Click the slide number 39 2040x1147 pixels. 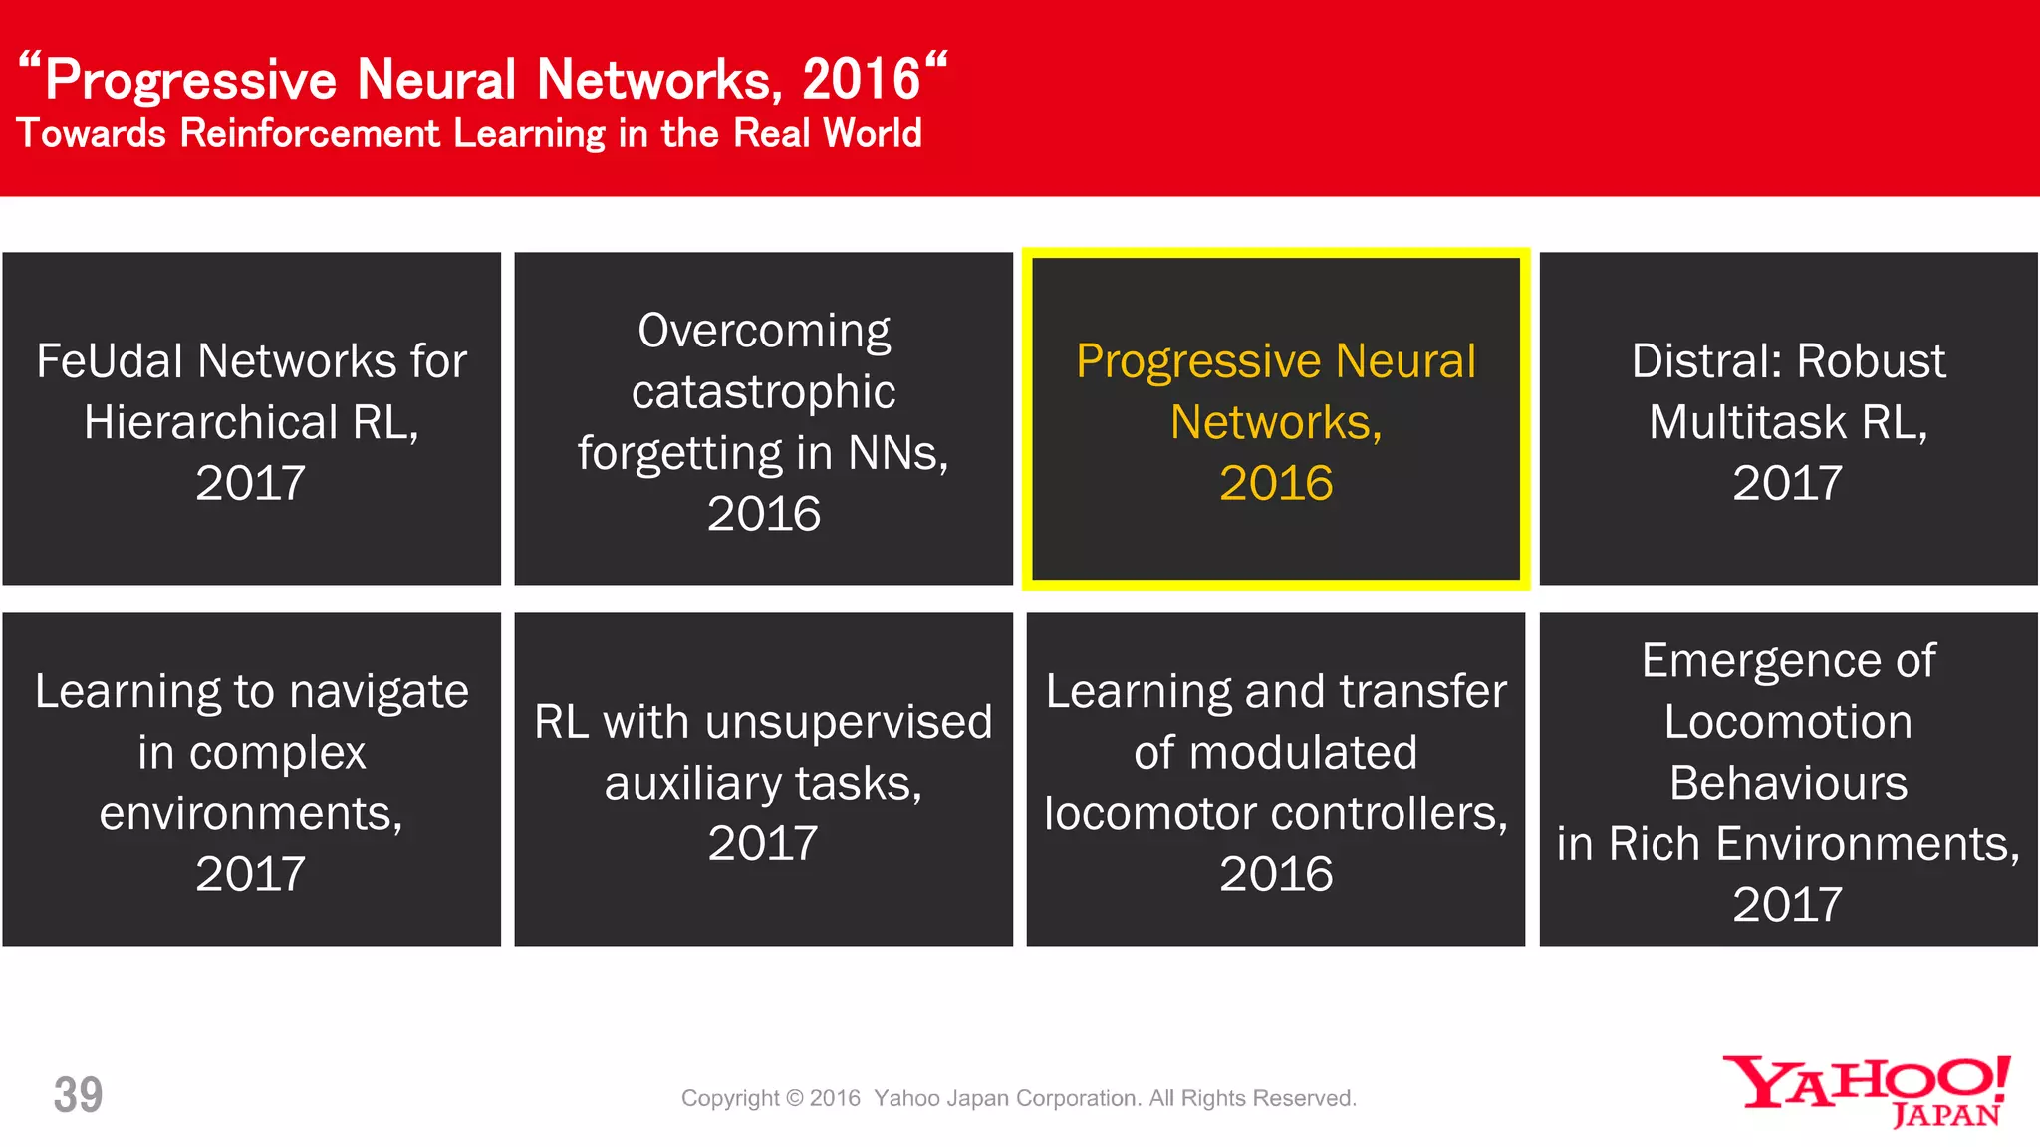(78, 1095)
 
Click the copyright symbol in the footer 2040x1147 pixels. (794, 1098)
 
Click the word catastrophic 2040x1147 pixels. (763, 391)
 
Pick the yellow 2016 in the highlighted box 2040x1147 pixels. (1275, 483)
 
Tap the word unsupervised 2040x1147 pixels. (848, 722)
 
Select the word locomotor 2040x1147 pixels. (1150, 814)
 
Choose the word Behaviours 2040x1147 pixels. (1788, 783)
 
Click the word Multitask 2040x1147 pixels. (1747, 422)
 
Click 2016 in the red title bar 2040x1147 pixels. (861, 80)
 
